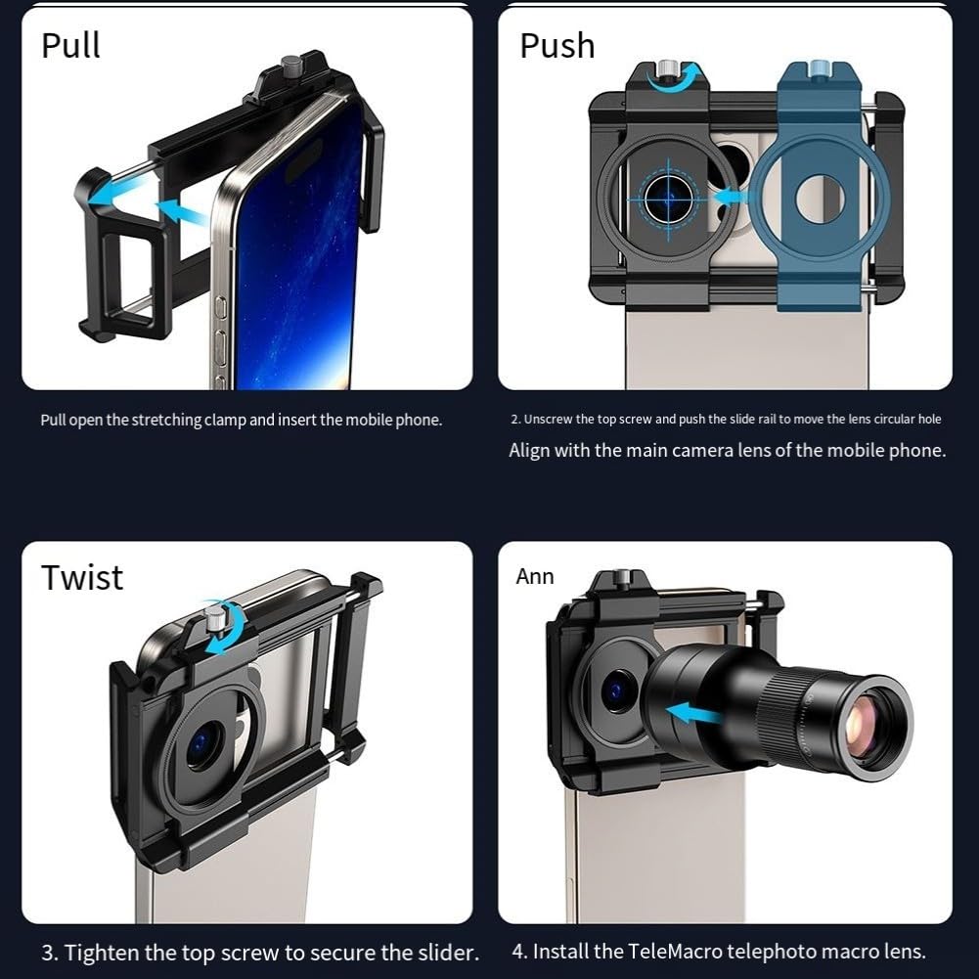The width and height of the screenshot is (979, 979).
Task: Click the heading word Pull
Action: click(70, 45)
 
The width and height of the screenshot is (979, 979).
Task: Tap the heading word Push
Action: click(556, 46)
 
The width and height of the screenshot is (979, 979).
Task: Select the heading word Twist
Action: click(82, 577)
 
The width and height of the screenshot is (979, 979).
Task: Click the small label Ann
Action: click(534, 576)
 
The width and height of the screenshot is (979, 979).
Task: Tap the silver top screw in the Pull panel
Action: click(290, 65)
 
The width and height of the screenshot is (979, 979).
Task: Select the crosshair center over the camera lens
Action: click(669, 200)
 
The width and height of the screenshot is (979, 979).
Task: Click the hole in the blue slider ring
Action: click(820, 200)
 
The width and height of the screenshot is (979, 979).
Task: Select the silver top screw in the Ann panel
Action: click(621, 579)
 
